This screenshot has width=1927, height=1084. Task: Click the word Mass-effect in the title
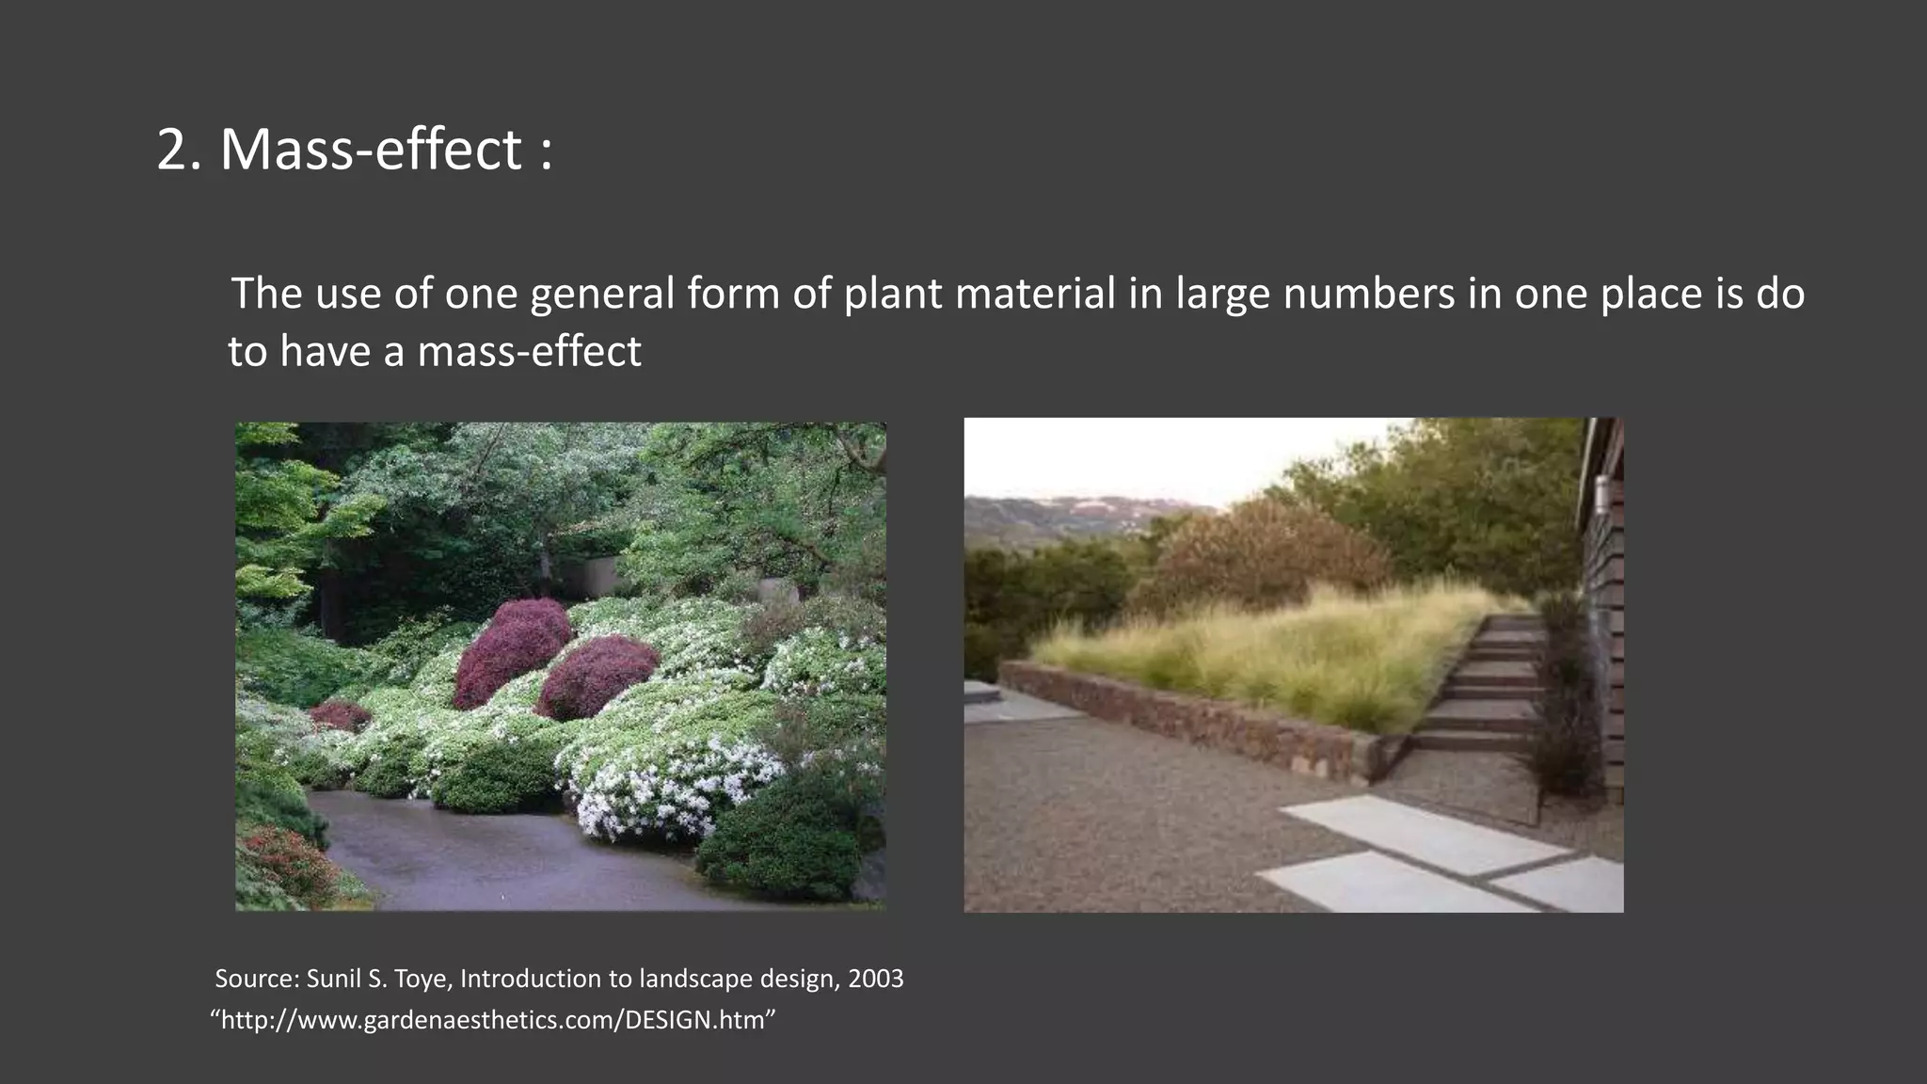coord(371,150)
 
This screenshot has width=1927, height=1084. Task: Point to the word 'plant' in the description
coord(892,295)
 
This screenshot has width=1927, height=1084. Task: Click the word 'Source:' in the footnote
coord(257,979)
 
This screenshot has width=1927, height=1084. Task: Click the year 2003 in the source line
coord(875,979)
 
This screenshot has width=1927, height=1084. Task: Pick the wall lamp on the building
coord(1601,492)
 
